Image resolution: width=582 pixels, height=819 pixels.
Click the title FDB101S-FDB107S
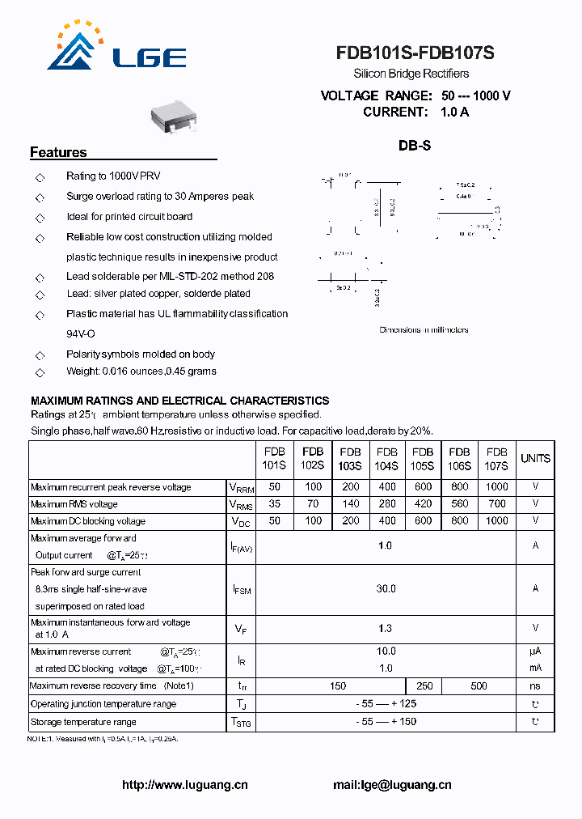coord(415,53)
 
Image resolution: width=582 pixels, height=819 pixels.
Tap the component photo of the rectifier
coord(173,117)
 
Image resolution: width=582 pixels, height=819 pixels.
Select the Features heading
coord(58,152)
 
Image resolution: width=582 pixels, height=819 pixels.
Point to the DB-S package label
coord(415,146)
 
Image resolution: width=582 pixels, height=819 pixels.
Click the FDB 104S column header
coord(386,459)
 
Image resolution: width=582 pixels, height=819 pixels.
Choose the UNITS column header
coord(535,459)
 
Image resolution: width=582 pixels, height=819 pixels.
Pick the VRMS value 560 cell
coord(459,504)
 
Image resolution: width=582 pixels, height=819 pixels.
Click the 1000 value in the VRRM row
coord(497,487)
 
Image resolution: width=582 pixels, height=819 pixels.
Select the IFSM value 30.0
coord(386,589)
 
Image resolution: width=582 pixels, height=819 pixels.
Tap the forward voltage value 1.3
coord(386,628)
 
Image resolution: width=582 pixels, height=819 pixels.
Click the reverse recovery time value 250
coord(424,686)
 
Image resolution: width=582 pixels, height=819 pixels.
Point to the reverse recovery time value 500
coord(479,686)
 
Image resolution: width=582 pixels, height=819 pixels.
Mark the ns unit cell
coord(535,686)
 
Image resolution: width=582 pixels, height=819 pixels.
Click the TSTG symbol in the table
coord(241,722)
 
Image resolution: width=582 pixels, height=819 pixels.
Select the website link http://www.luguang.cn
coord(184,785)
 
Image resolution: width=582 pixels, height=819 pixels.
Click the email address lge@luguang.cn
coord(392,785)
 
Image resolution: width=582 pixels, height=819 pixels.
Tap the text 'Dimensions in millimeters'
coord(424,330)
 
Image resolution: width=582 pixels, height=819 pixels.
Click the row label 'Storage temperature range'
coord(83,722)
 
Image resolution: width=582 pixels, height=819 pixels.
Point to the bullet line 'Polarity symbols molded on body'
coord(141,354)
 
